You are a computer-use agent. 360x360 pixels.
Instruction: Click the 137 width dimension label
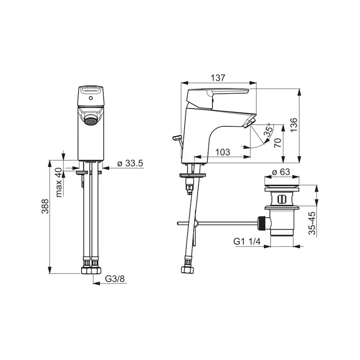[x=218, y=78]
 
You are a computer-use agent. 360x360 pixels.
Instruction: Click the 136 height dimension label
[x=294, y=125]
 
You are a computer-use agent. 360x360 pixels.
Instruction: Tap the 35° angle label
[x=269, y=130]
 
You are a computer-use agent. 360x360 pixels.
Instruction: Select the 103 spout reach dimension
[x=223, y=152]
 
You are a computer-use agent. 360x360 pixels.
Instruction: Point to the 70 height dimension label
[x=278, y=143]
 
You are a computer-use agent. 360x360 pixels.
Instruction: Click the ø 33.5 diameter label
[x=130, y=163]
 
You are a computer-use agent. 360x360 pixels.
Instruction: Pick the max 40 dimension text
[x=59, y=182]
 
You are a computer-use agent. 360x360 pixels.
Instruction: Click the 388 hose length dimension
[x=45, y=206]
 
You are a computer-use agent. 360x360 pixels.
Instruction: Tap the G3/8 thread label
[x=115, y=279]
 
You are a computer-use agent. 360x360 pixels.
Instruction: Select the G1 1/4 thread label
[x=247, y=241]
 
